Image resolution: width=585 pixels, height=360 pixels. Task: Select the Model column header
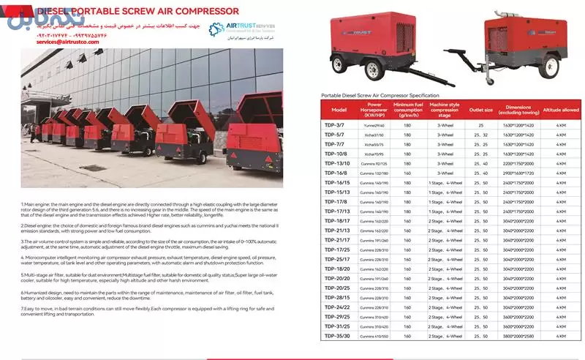tap(339, 109)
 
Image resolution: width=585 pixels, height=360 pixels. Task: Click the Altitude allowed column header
tap(561, 109)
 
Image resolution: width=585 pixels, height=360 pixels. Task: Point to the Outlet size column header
tap(480, 109)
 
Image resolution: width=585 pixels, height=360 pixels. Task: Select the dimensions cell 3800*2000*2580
tap(518, 335)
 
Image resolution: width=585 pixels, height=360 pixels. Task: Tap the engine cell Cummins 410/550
tap(374, 335)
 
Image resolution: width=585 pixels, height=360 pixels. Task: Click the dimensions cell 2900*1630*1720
tap(518, 173)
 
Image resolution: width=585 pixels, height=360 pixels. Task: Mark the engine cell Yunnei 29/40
tap(374, 125)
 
